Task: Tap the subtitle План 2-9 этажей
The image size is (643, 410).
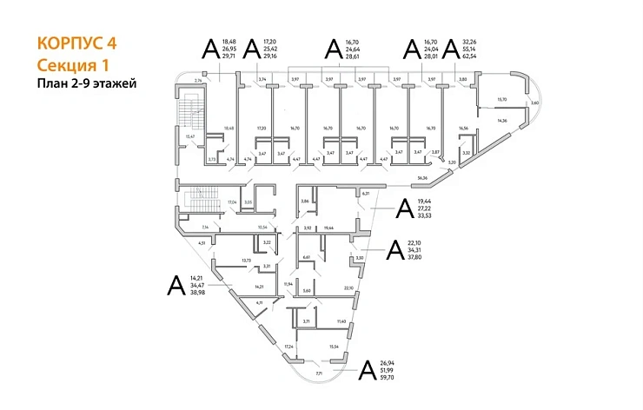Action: (87, 84)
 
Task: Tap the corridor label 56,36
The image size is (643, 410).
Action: (423, 178)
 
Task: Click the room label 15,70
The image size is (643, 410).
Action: (500, 100)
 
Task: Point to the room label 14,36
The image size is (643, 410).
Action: (502, 121)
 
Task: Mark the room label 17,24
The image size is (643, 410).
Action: (288, 347)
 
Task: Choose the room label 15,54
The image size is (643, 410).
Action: (335, 347)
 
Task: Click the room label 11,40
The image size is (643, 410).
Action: (341, 322)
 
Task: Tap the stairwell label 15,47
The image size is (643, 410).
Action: (190, 136)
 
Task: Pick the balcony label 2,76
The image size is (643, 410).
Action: (198, 80)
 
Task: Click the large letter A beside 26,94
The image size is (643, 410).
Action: (367, 372)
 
